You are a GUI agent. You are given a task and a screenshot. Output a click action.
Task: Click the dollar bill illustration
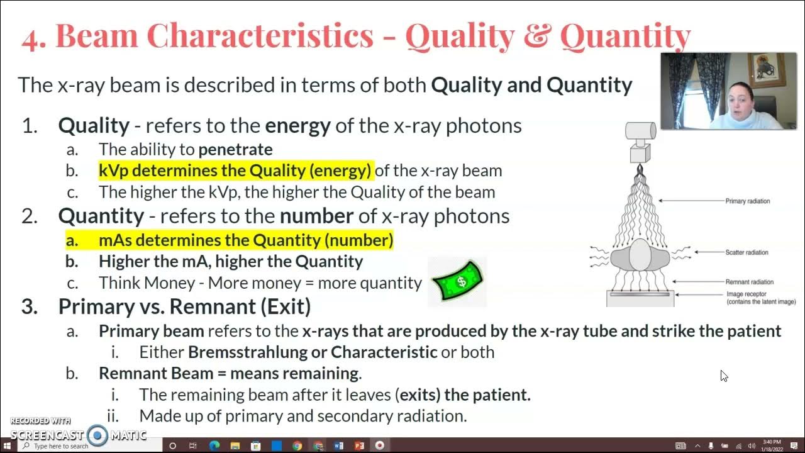click(457, 281)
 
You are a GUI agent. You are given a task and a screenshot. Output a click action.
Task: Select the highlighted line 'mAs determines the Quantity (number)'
click(245, 240)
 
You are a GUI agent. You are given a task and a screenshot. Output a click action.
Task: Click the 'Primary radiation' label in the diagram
click(748, 201)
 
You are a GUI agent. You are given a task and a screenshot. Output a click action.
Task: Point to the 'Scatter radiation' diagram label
click(747, 252)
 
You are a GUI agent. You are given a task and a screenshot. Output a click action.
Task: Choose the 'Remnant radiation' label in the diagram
click(749, 282)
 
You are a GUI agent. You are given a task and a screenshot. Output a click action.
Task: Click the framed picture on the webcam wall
click(766, 70)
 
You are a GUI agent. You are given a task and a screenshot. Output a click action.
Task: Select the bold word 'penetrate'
click(235, 149)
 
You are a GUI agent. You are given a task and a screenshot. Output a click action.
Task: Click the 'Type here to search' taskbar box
click(61, 446)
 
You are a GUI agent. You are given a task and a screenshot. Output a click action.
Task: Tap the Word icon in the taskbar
click(338, 445)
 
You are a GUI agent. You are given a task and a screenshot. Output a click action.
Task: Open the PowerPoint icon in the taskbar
click(359, 445)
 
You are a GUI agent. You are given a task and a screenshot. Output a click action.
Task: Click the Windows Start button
click(8, 445)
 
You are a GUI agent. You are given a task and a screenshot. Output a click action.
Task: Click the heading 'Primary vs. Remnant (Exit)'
click(184, 306)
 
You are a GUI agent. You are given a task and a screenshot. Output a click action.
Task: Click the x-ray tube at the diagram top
click(640, 131)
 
